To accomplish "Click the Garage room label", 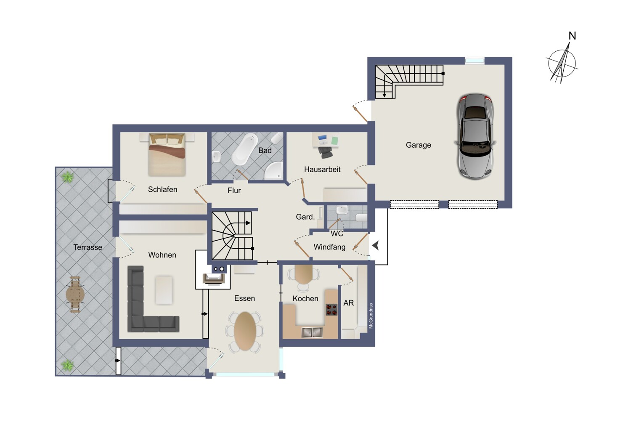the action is point(418,145).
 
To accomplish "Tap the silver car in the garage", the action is point(475,136).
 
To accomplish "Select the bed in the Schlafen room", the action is point(167,154).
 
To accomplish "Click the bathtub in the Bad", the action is point(244,149).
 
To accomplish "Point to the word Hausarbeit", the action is point(322,169).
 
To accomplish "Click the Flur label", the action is point(234,191).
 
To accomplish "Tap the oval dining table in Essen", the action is point(245,331).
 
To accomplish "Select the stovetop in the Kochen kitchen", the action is point(331,310).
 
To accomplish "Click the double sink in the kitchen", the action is point(312,332).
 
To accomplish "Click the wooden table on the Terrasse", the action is point(75,295).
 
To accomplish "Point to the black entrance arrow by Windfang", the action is point(376,245).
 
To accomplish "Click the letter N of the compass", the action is point(572,36).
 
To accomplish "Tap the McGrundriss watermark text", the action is point(371,316).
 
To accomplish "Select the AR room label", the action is point(348,303).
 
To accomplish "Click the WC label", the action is point(337,234).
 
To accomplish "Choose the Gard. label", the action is point(305,217).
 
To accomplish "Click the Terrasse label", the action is point(87,247).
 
